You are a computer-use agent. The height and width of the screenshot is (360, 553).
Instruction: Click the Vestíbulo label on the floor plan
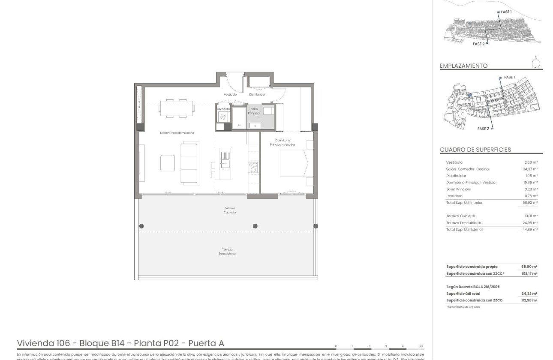(x=230, y=94)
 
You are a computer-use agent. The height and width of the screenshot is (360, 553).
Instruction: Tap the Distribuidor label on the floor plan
(x=257, y=94)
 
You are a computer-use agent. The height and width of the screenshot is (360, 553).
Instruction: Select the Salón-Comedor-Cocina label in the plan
(x=177, y=133)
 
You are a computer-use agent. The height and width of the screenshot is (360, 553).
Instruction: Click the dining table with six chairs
(x=176, y=108)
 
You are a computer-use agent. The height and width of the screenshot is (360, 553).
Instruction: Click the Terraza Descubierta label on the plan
(x=228, y=252)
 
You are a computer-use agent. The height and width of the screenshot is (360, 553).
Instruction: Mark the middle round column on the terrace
(x=255, y=226)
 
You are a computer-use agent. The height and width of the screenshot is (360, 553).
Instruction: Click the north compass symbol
(x=535, y=63)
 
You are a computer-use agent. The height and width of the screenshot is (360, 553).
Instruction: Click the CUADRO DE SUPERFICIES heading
(x=475, y=150)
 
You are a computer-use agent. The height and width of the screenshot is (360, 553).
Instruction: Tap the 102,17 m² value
(x=529, y=273)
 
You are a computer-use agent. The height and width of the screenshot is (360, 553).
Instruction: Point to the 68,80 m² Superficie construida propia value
(x=529, y=267)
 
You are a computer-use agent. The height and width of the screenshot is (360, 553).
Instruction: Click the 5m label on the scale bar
(x=421, y=346)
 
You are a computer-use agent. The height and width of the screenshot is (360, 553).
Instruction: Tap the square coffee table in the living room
(x=168, y=163)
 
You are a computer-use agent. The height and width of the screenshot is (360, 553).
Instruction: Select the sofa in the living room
(x=189, y=163)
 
